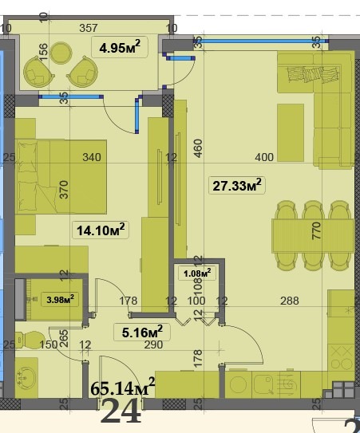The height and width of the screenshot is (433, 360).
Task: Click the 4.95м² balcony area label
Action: [x=120, y=49]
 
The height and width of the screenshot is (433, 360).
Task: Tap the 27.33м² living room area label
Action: [x=237, y=186]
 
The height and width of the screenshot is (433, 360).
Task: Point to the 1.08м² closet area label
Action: [x=197, y=273]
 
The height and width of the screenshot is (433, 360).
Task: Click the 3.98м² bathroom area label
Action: [x=61, y=300]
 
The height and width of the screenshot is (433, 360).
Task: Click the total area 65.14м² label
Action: [x=122, y=388]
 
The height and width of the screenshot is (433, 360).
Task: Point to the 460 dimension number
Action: [x=198, y=149]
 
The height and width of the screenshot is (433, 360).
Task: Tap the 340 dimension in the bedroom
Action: [x=92, y=157]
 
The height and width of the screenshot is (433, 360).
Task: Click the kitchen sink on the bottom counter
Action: [x=261, y=384]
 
